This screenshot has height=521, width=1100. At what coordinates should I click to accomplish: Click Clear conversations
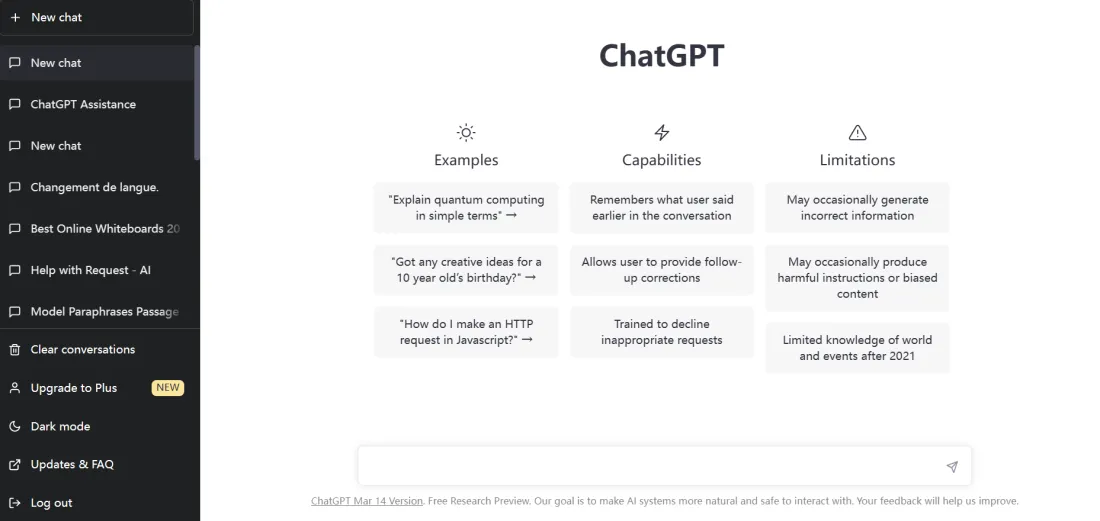pyautogui.click(x=83, y=349)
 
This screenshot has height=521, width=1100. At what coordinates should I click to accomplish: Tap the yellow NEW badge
pyautogui.click(x=168, y=388)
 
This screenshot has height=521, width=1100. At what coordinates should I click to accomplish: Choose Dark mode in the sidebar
pyautogui.click(x=60, y=426)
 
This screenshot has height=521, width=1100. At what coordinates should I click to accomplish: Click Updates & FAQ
pyautogui.click(x=72, y=464)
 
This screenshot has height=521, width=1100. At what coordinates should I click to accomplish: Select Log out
pyautogui.click(x=51, y=503)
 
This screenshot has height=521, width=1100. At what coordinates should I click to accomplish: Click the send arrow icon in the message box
pyautogui.click(x=952, y=466)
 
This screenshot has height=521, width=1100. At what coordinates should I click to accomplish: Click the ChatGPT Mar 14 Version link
pyautogui.click(x=367, y=501)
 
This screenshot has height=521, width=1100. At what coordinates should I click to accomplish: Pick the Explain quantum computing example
pyautogui.click(x=466, y=208)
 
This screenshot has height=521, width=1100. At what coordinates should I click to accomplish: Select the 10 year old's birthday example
pyautogui.click(x=466, y=270)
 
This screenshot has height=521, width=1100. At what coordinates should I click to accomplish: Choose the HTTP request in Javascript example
pyautogui.click(x=466, y=332)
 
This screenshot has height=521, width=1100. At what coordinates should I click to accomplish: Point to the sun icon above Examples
pyautogui.click(x=466, y=133)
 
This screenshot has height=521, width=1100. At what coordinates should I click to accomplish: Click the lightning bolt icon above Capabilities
pyautogui.click(x=662, y=133)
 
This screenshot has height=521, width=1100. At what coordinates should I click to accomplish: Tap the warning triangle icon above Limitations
pyautogui.click(x=857, y=133)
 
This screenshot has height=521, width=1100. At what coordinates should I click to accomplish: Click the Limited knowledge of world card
pyautogui.click(x=857, y=348)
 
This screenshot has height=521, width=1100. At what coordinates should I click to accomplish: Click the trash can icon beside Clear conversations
pyautogui.click(x=15, y=350)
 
